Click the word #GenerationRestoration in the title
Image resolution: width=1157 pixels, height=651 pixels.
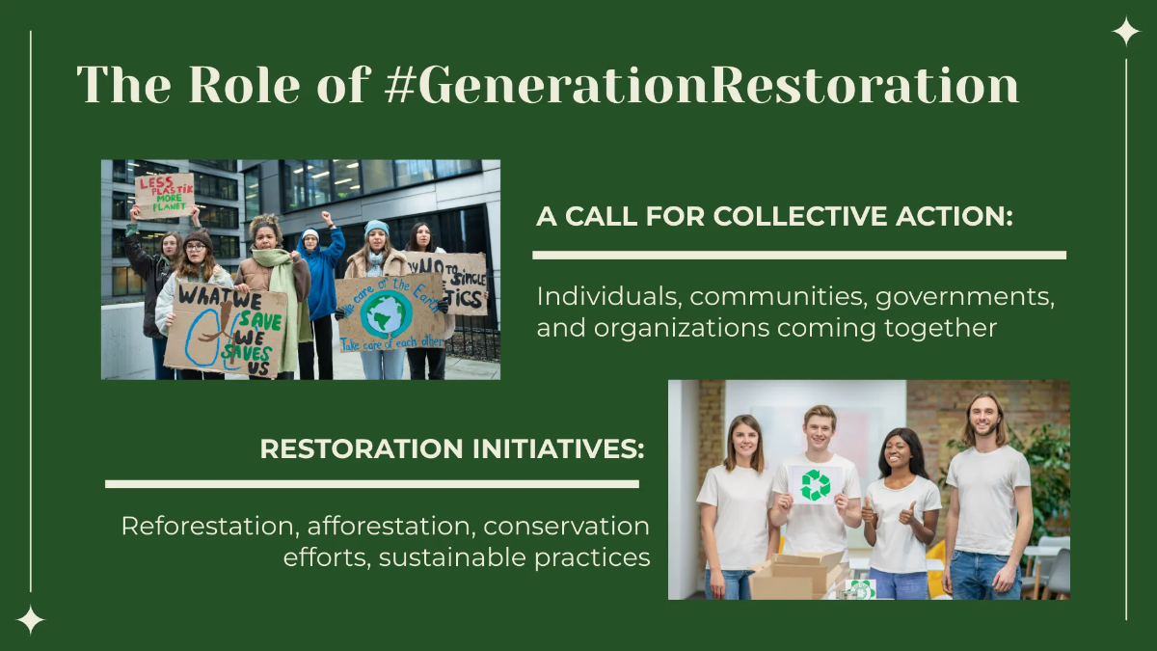click(701, 87)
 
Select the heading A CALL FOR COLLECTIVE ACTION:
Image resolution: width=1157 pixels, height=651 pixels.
click(774, 216)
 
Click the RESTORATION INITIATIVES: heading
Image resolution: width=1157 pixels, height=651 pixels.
click(452, 448)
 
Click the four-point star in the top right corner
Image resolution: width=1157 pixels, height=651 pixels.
click(1125, 32)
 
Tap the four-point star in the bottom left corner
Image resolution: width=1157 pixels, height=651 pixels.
click(31, 619)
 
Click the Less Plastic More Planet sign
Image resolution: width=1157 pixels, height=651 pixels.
click(164, 195)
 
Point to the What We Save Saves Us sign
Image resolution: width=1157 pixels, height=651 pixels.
click(225, 328)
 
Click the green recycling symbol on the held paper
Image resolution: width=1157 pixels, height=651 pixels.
click(816, 484)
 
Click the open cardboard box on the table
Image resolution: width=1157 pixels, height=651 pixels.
click(795, 576)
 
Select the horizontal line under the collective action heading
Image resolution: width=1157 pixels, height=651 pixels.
click(799, 256)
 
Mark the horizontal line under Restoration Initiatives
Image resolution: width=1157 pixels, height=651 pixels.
click(372, 483)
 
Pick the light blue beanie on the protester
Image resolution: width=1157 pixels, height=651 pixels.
click(377, 228)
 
